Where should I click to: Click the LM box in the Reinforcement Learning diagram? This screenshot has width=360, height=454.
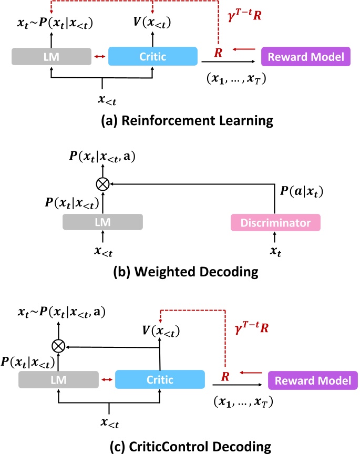pyautogui.click(x=50, y=56)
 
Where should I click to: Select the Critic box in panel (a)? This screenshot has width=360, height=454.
pyautogui.click(x=152, y=56)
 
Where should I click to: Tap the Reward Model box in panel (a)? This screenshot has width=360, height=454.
pyautogui.click(x=306, y=56)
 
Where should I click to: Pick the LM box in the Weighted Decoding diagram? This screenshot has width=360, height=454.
pyautogui.click(x=102, y=223)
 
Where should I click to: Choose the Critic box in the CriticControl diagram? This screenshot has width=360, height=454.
pyautogui.click(x=160, y=379)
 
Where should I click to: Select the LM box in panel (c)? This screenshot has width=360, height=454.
pyautogui.click(x=58, y=379)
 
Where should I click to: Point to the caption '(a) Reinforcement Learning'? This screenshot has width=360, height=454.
pyautogui.click(x=180, y=121)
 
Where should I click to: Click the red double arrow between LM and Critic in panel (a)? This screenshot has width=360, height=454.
pyautogui.click(x=99, y=56)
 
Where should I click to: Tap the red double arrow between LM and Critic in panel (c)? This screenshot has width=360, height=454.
pyautogui.click(x=106, y=379)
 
